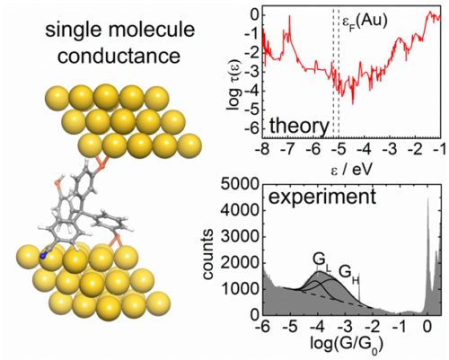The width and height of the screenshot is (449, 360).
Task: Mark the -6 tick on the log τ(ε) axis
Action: tap(254, 130)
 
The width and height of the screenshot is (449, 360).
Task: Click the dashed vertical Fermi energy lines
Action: tap(335, 72)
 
